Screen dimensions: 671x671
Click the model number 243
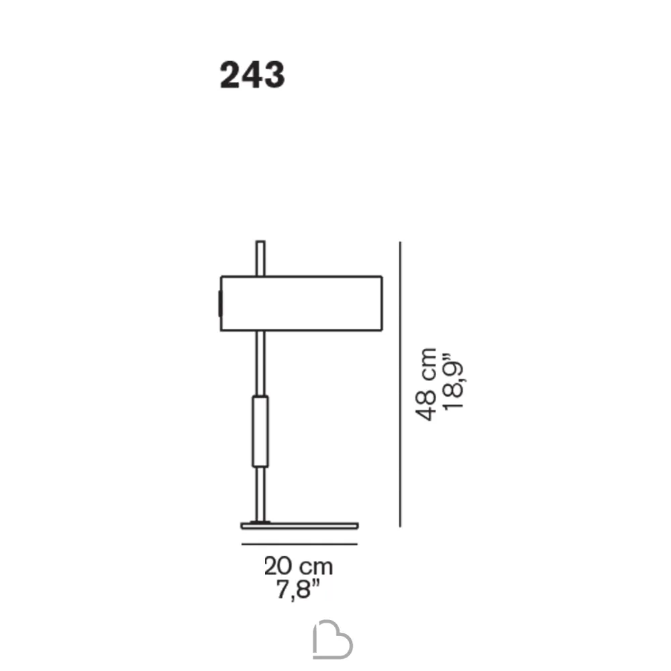click(x=252, y=75)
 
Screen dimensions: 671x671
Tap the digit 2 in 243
click(x=229, y=75)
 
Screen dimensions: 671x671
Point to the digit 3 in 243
click(x=274, y=75)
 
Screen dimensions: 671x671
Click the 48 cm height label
click(x=426, y=384)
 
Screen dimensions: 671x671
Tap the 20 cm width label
click(x=299, y=566)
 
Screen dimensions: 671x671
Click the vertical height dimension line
click(x=400, y=384)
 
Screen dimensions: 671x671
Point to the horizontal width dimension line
click(x=299, y=544)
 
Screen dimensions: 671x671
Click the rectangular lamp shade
click(x=301, y=303)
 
